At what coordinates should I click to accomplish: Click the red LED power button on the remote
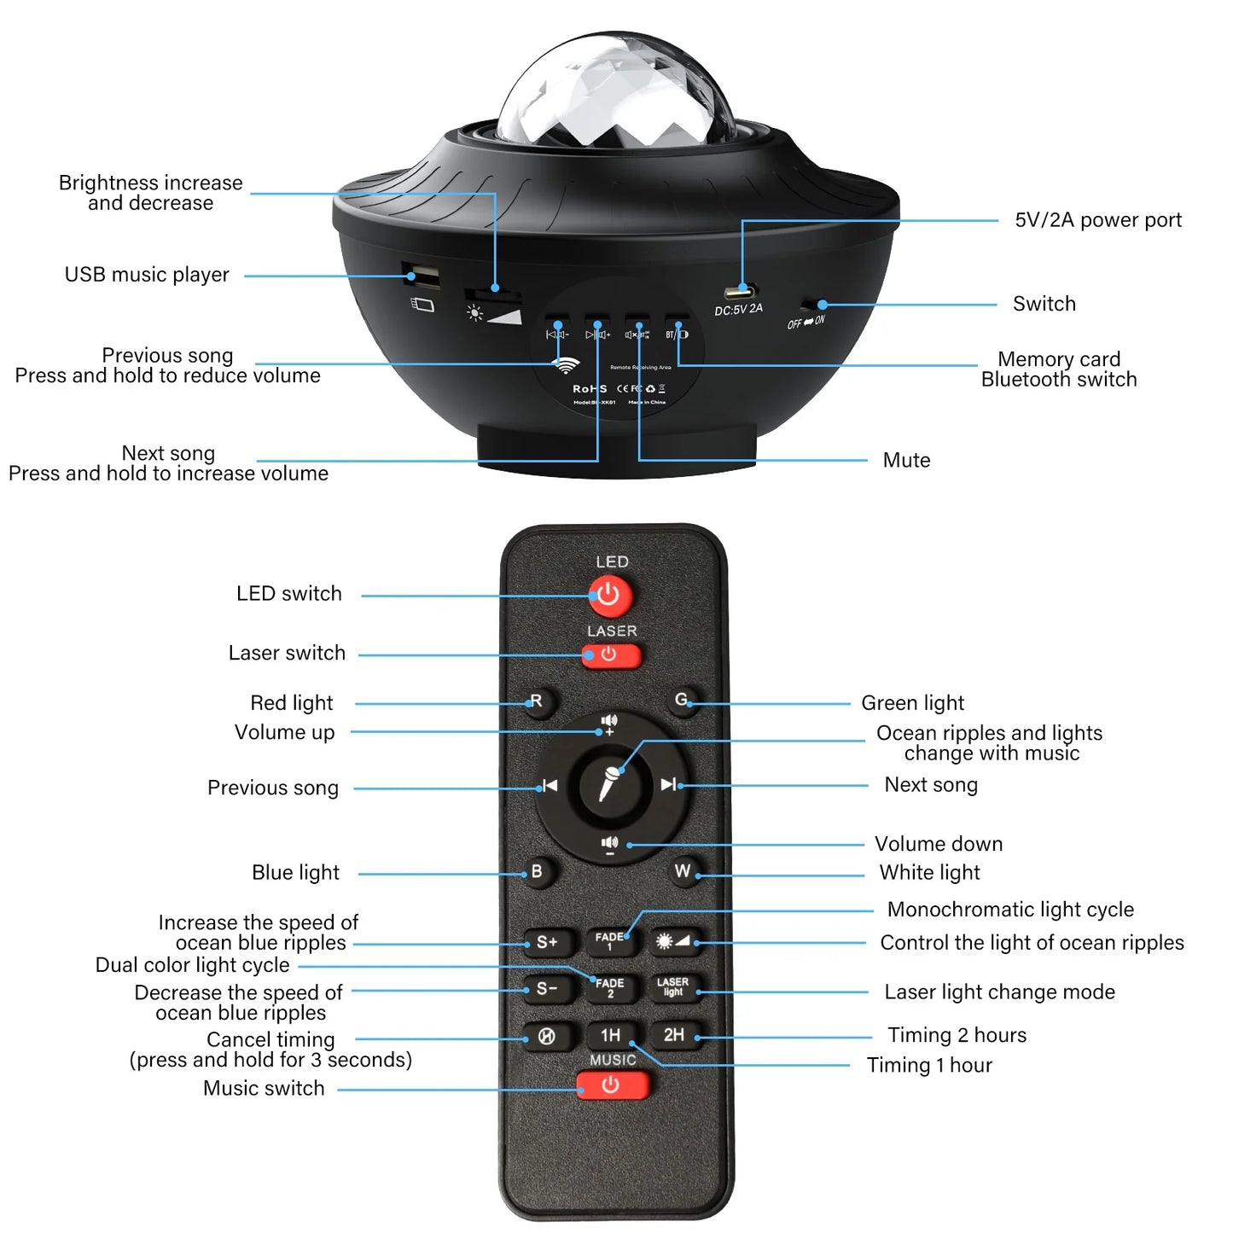[609, 595]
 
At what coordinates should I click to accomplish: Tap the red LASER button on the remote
[611, 655]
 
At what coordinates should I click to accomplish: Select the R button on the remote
[537, 702]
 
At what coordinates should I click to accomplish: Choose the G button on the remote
[683, 701]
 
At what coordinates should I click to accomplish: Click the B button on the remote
[537, 872]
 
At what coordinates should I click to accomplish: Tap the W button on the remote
[683, 871]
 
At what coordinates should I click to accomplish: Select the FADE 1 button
[609, 941]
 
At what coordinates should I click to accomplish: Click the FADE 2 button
[610, 988]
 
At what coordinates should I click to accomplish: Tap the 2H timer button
[674, 1035]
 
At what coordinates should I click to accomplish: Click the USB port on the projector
[422, 276]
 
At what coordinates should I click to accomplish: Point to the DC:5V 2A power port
[739, 291]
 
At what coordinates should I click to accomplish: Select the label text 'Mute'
[906, 461]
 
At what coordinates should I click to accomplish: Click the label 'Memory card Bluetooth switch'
[1059, 369]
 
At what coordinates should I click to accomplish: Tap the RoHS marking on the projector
[590, 389]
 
